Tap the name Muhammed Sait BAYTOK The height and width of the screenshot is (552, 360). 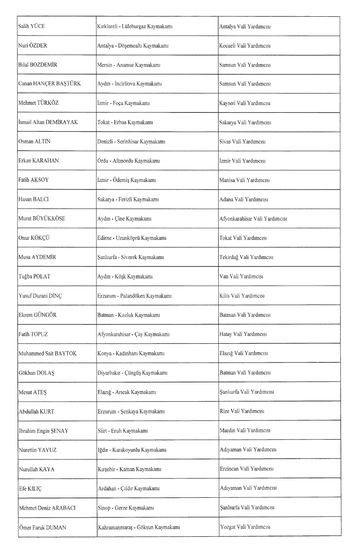coord(47,353)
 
